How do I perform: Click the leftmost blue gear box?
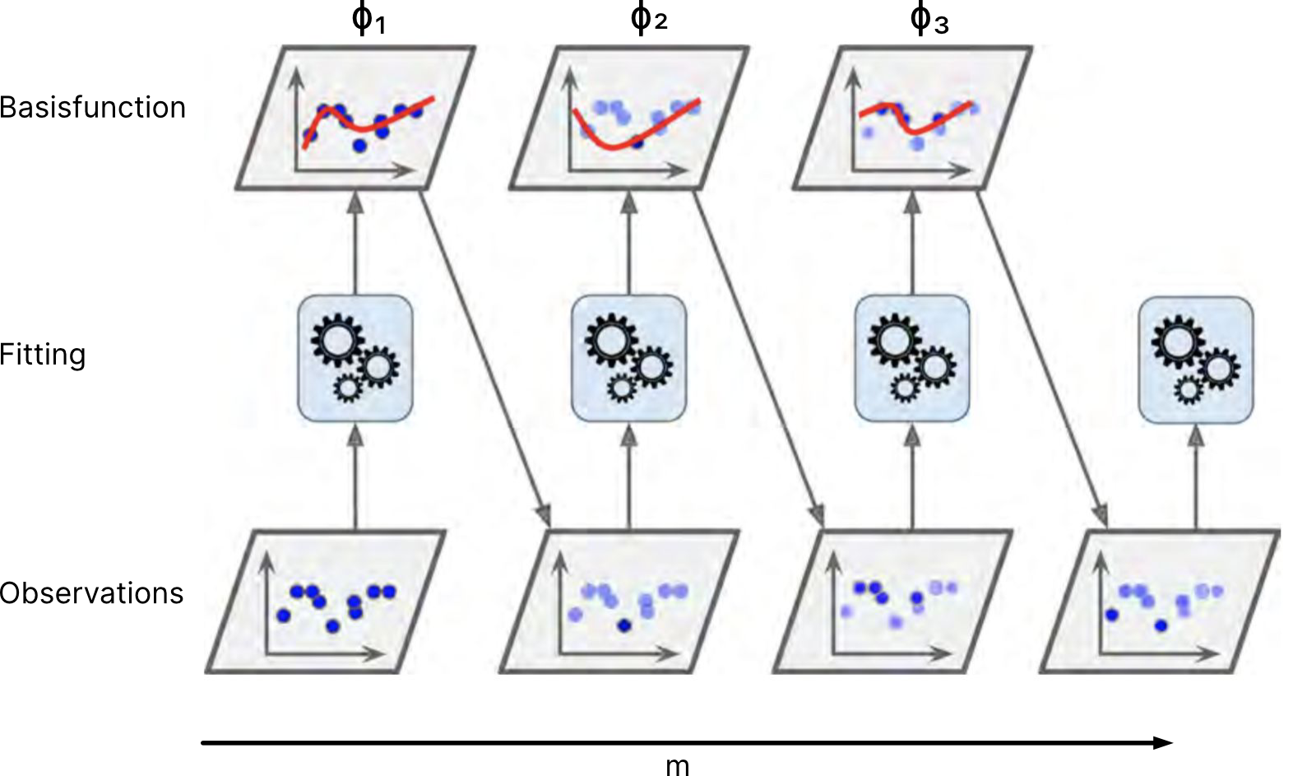click(x=355, y=359)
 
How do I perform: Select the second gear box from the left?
click(x=628, y=359)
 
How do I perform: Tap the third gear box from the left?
click(x=911, y=359)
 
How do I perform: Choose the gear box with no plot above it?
click(x=1195, y=360)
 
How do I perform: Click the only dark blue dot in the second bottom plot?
click(x=623, y=625)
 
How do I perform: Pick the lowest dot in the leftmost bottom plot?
click(x=332, y=626)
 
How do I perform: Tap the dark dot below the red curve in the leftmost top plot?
click(x=359, y=146)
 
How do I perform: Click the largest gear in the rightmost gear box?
click(x=1178, y=340)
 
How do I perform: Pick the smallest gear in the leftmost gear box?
click(x=347, y=387)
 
